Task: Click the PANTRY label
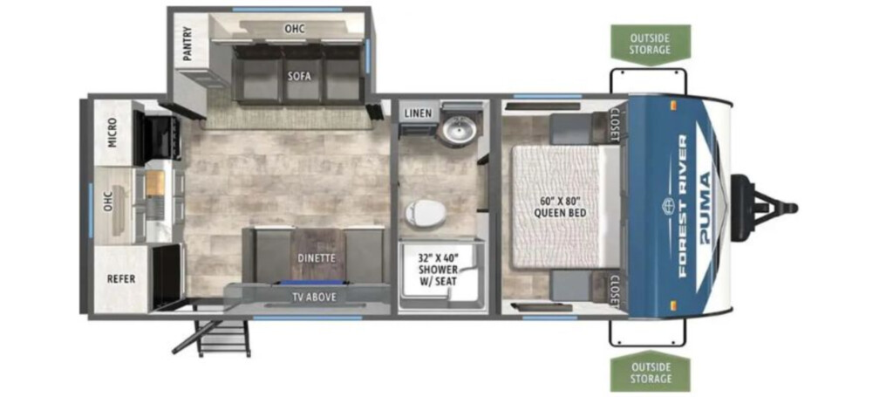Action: tap(188, 44)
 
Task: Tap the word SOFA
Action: tap(299, 77)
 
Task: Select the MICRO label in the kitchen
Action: tap(112, 133)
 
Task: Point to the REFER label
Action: tap(121, 278)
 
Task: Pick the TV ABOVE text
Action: tap(314, 297)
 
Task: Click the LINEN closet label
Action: tap(419, 113)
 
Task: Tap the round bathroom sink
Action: tap(459, 130)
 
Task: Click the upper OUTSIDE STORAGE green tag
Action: tap(650, 44)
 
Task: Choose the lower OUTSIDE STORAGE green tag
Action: tap(650, 372)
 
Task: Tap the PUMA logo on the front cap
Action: tap(705, 207)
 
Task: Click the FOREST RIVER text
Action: tap(682, 206)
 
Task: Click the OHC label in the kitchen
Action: tap(111, 201)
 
